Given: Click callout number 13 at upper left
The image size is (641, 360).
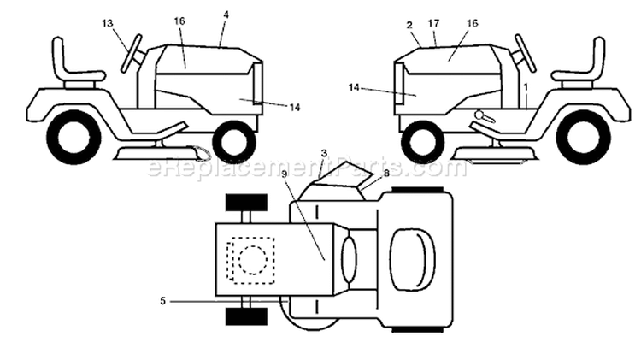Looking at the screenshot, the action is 107,23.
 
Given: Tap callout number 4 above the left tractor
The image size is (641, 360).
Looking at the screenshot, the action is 226,15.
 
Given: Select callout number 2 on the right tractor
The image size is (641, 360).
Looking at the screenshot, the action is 409,25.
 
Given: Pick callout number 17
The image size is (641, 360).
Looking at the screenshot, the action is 433,23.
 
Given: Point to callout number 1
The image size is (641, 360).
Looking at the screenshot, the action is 526,87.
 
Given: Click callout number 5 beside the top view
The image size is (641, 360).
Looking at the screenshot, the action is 162,301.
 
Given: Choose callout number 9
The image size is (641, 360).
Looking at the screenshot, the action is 284,173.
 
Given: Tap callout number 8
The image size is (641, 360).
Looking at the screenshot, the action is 386,173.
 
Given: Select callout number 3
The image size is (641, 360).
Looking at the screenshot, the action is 324,153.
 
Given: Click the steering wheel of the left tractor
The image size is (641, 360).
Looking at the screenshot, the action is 132,54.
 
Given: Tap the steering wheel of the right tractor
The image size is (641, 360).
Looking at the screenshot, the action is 526,54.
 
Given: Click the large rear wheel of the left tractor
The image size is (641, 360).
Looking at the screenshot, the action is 74,137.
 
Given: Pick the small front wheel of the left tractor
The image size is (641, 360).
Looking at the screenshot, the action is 234,142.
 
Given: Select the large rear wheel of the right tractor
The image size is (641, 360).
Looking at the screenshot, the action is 584,137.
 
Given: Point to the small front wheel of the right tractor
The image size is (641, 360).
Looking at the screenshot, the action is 423,142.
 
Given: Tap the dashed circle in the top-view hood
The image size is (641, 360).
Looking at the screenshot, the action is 253,260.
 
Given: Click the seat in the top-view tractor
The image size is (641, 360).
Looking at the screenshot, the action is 412,260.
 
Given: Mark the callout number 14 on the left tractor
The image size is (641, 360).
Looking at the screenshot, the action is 295,108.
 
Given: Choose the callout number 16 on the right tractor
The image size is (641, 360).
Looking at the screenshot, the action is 472,23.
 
